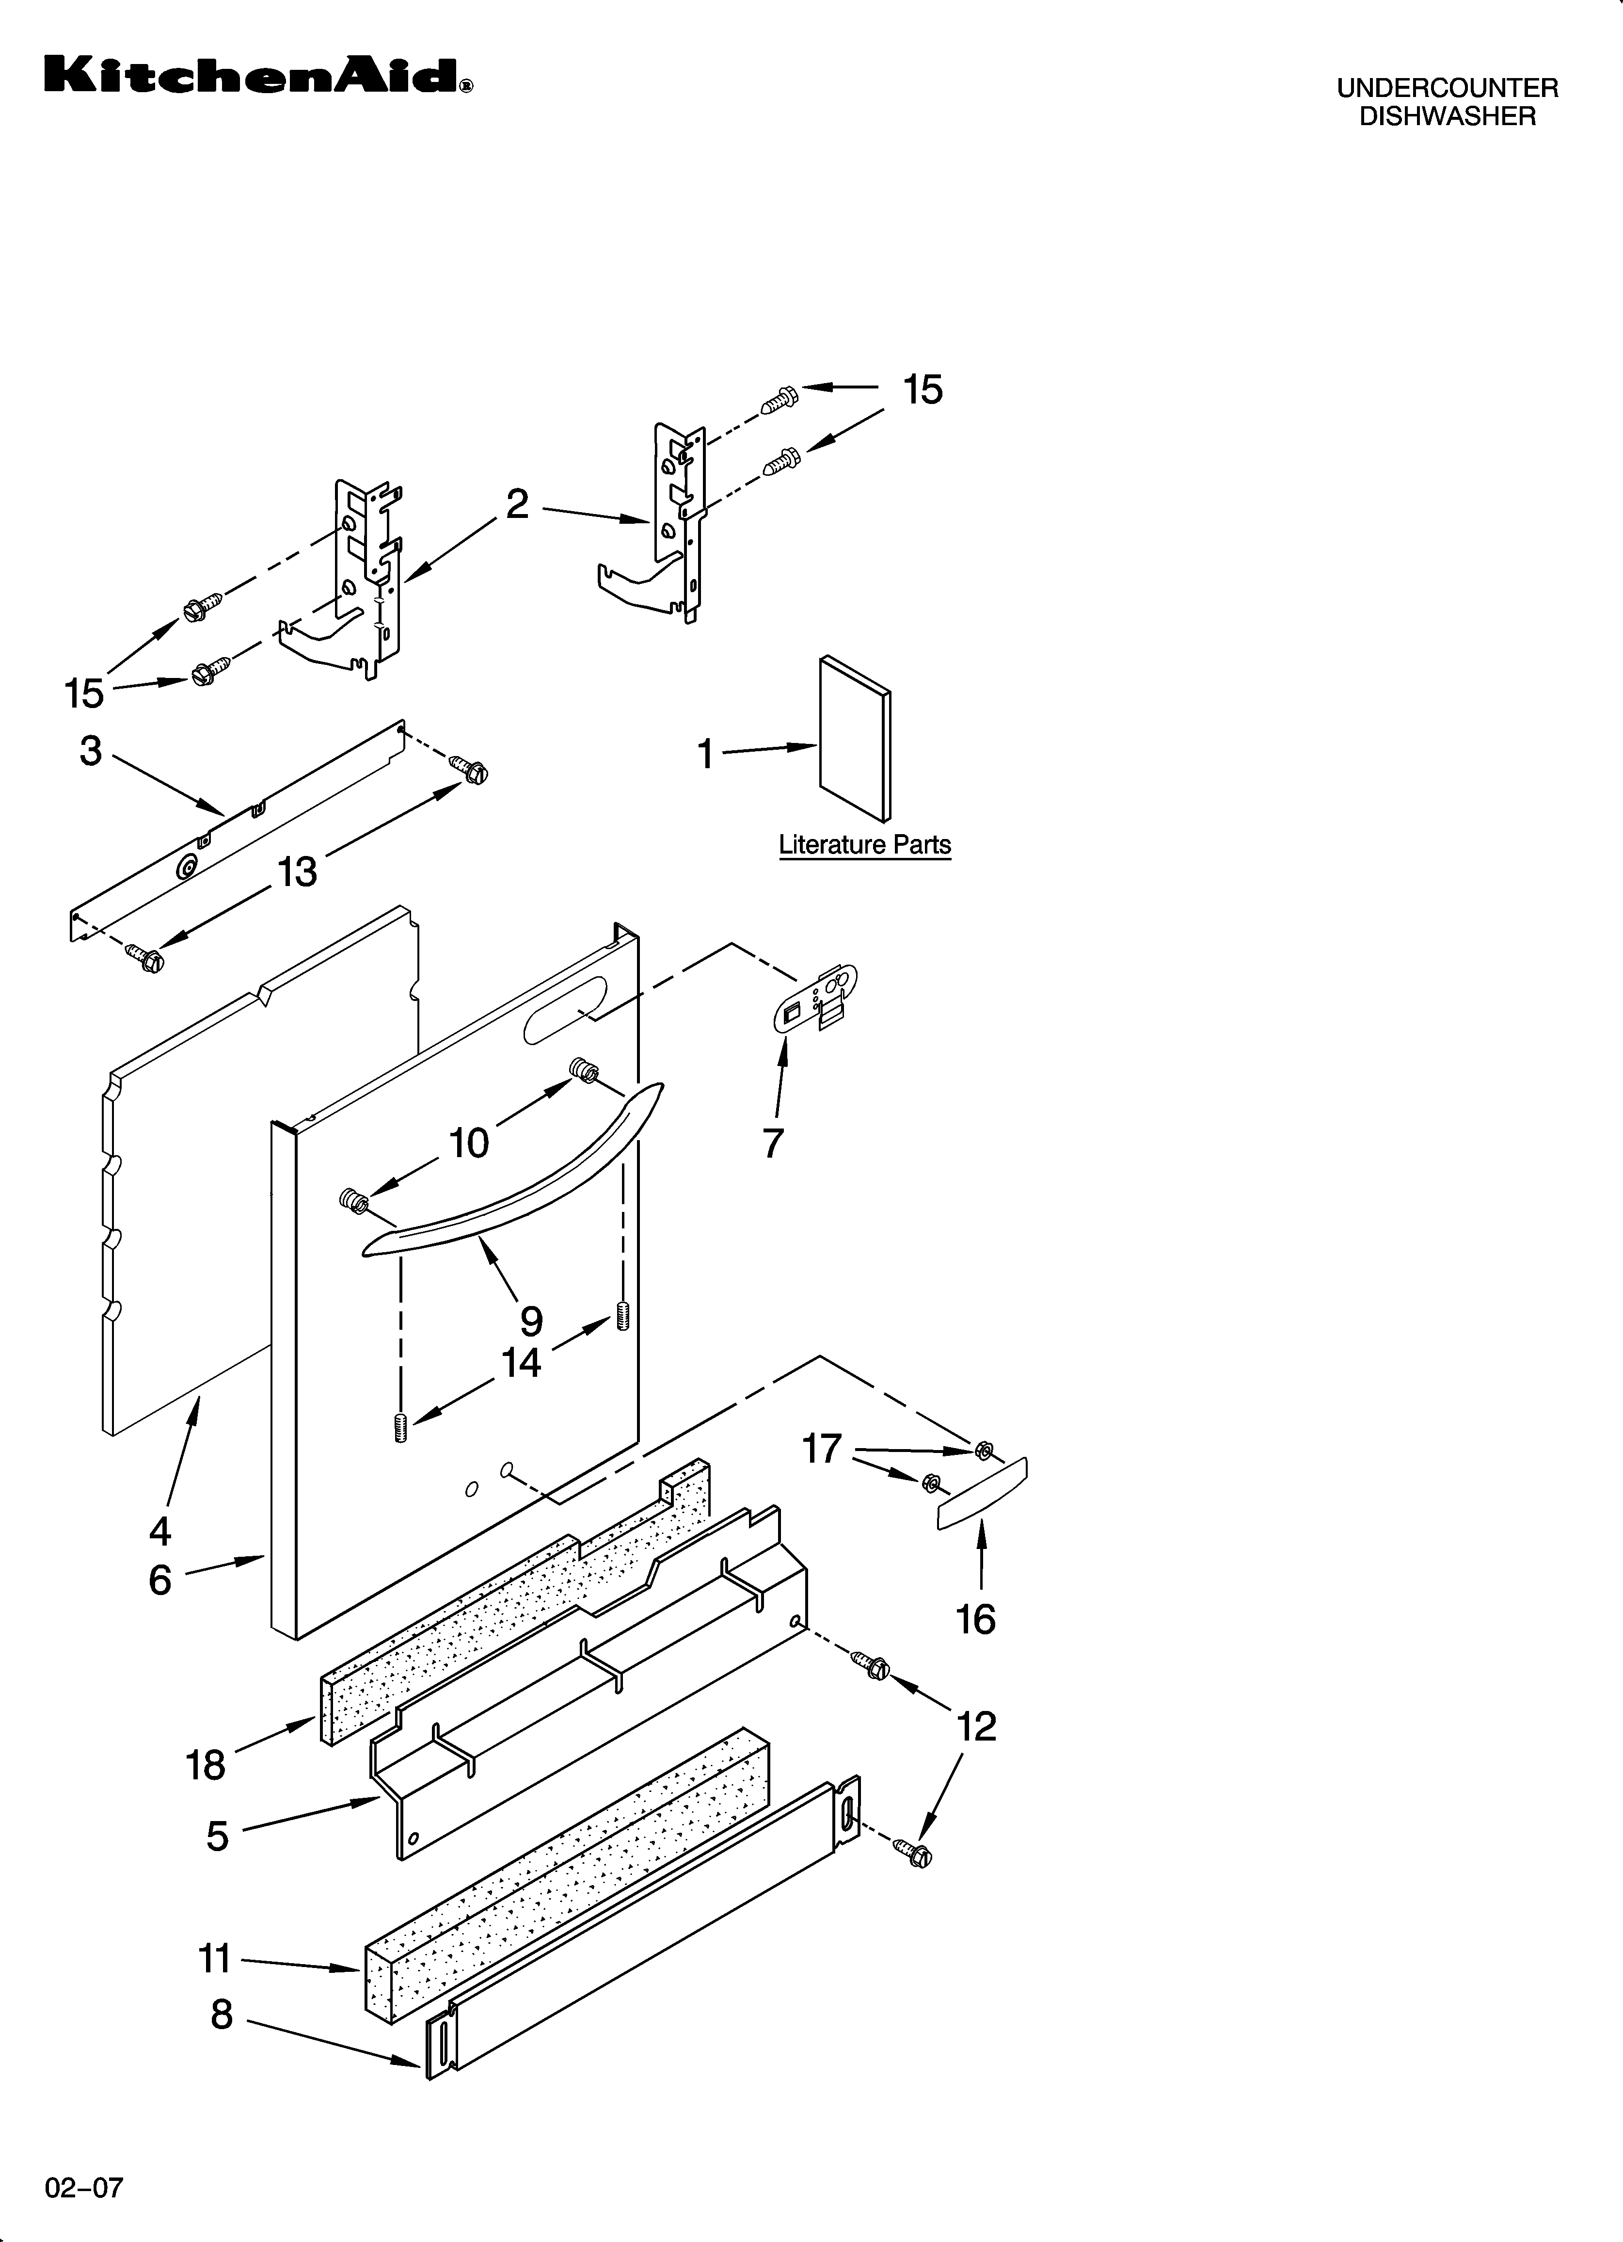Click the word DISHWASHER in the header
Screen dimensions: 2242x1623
coord(1447,117)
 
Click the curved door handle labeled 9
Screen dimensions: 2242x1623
coord(514,1177)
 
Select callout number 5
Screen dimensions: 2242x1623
coord(218,1836)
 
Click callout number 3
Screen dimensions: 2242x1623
coord(91,751)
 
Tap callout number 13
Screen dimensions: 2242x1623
coord(297,872)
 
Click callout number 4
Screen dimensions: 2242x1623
coord(160,1531)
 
